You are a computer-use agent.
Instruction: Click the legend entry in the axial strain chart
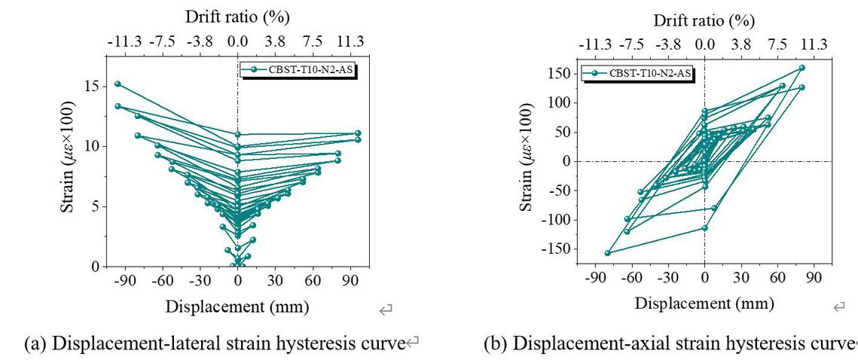click(x=639, y=73)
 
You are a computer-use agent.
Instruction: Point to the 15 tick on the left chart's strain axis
click(x=90, y=87)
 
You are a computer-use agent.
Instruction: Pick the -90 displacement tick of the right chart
click(x=595, y=278)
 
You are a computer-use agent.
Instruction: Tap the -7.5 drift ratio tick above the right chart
click(x=634, y=44)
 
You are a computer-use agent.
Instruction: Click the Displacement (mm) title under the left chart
click(x=237, y=307)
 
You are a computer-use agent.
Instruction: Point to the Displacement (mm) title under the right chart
click(x=704, y=303)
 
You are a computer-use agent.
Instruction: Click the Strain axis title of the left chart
click(x=69, y=161)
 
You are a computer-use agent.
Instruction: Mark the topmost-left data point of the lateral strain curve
click(x=118, y=84)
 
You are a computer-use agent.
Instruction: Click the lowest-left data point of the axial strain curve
click(x=608, y=253)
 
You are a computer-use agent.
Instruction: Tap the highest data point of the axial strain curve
click(x=802, y=68)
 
